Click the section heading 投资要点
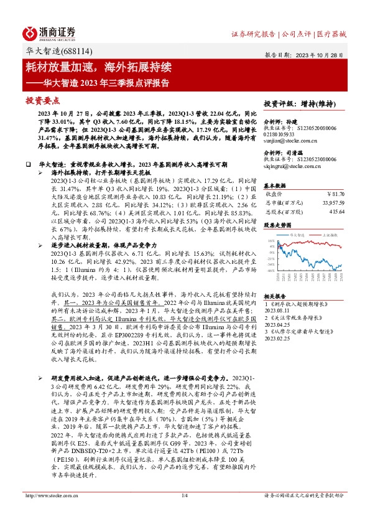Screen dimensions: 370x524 click(43, 100)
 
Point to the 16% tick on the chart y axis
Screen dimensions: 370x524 click(271, 240)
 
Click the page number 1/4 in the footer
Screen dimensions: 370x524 click(185, 512)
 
